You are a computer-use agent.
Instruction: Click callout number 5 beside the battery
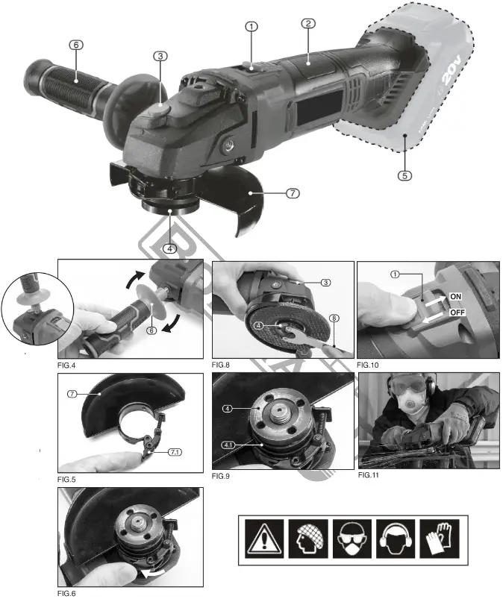click(x=404, y=176)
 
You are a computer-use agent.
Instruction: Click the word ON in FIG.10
click(x=458, y=296)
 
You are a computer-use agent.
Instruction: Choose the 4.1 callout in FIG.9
click(x=228, y=445)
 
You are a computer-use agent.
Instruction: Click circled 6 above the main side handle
click(x=76, y=44)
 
